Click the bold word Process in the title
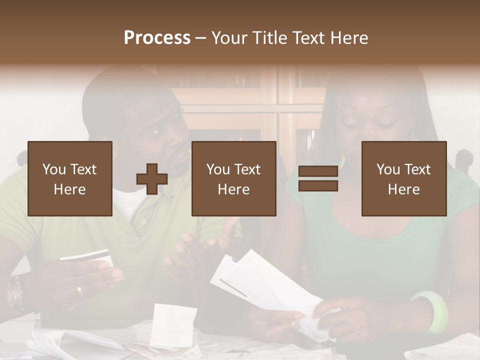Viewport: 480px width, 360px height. pos(157,38)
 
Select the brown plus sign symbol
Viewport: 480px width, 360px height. pos(152,179)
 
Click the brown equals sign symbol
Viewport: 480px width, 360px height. pos(318,178)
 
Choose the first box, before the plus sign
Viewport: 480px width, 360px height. pos(70,178)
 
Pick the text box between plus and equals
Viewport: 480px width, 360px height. pos(233,178)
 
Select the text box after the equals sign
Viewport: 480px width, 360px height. pos(403,178)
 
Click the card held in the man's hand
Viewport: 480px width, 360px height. pos(86,257)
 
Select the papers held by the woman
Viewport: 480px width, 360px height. pos(260,280)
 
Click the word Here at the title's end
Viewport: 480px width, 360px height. pos(349,38)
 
